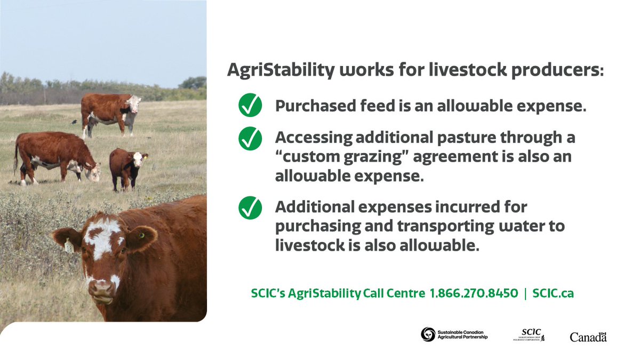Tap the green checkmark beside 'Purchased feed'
click(x=250, y=106)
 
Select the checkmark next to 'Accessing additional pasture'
click(x=250, y=139)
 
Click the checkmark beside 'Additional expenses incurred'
click(x=250, y=207)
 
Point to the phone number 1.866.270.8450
click(x=474, y=293)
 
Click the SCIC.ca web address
click(x=553, y=293)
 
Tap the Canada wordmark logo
click(x=588, y=337)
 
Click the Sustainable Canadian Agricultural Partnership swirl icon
click(x=428, y=334)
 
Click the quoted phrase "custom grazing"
click(x=324, y=157)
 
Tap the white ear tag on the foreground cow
click(x=68, y=246)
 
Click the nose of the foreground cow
click(x=100, y=289)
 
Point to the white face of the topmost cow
click(x=133, y=103)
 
